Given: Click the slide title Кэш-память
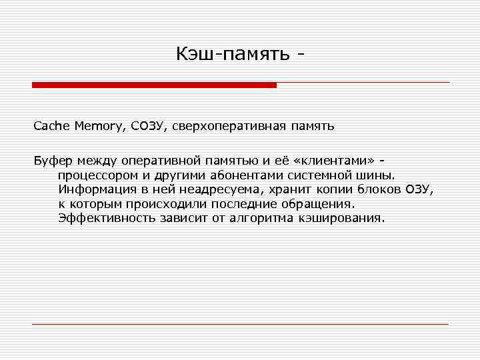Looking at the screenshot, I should pos(233,54).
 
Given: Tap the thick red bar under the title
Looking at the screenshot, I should pos(154,85).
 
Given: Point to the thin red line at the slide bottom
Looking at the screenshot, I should pos(240,324).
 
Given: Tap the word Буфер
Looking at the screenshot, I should pos(54,161).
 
